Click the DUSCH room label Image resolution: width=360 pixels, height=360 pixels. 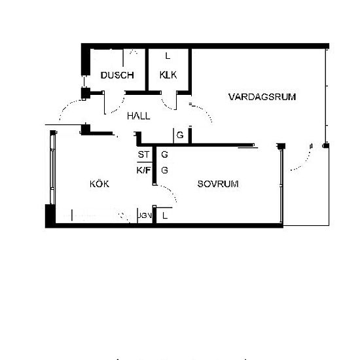pyautogui.click(x=117, y=75)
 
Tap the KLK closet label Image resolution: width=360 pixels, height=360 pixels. pyautogui.click(x=168, y=75)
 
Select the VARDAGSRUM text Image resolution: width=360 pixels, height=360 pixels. pyautogui.click(x=262, y=97)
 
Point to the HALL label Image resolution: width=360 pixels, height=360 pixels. pyautogui.click(x=138, y=116)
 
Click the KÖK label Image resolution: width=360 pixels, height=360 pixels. pyautogui.click(x=99, y=185)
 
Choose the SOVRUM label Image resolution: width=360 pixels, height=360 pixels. pyautogui.click(x=218, y=185)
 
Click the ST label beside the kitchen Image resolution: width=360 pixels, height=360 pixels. pyautogui.click(x=143, y=155)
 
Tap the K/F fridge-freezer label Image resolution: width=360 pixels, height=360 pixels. pyautogui.click(x=143, y=170)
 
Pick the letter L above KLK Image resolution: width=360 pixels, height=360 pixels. pyautogui.click(x=168, y=56)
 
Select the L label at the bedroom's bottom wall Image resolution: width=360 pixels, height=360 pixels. pyautogui.click(x=165, y=215)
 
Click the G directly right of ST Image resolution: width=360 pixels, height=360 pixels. pyautogui.click(x=164, y=155)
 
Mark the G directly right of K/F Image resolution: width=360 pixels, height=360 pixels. pyautogui.click(x=164, y=170)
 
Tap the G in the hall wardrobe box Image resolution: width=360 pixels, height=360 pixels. pyautogui.click(x=179, y=137)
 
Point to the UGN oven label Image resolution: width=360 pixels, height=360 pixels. pyautogui.click(x=145, y=215)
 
